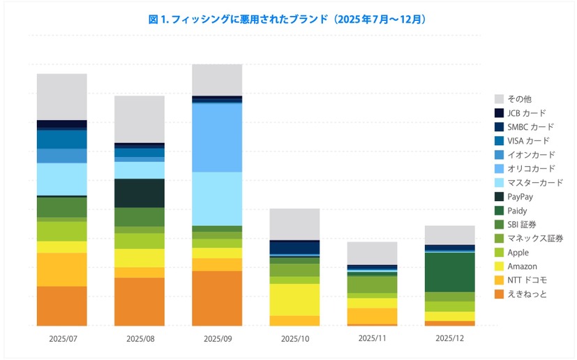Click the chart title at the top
[x=288, y=20]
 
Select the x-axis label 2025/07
[x=62, y=338]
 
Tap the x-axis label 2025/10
[x=294, y=338]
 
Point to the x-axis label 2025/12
[x=449, y=338]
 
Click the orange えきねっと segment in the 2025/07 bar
[x=62, y=306]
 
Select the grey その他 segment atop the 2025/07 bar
[x=62, y=96]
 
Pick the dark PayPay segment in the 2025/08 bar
[x=140, y=193]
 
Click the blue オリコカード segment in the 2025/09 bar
[x=217, y=137]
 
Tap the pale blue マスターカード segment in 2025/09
[x=217, y=198]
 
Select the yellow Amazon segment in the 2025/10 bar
[x=294, y=299]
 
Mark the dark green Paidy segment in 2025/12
[x=449, y=272]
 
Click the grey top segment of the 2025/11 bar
[x=372, y=253]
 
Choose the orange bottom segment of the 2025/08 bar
[x=140, y=301]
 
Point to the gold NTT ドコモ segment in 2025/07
[x=62, y=269]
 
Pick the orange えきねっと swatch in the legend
[x=499, y=294]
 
